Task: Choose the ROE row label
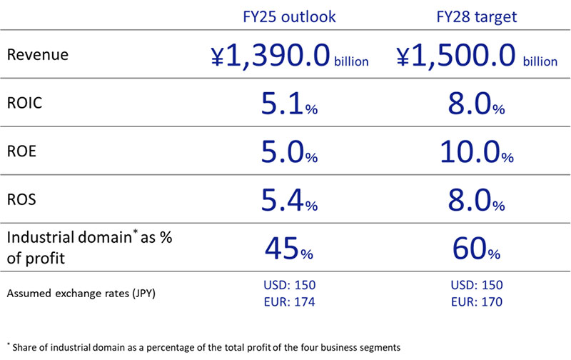[21, 152]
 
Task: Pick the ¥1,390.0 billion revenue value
[289, 56]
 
